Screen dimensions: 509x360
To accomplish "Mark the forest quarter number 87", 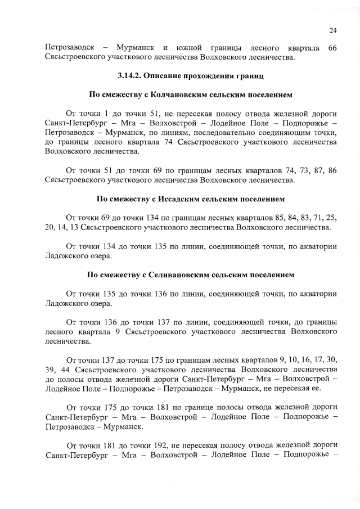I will point(314,170).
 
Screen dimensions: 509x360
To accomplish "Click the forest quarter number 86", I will point(332,170).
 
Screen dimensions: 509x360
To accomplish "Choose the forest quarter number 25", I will point(332,218).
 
